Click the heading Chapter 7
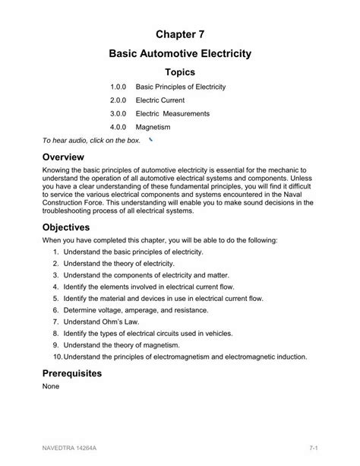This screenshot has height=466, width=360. click(180, 34)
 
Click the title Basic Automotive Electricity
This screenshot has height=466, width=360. click(180, 55)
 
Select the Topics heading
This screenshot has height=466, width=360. click(180, 72)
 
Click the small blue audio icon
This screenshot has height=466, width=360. click(151, 141)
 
